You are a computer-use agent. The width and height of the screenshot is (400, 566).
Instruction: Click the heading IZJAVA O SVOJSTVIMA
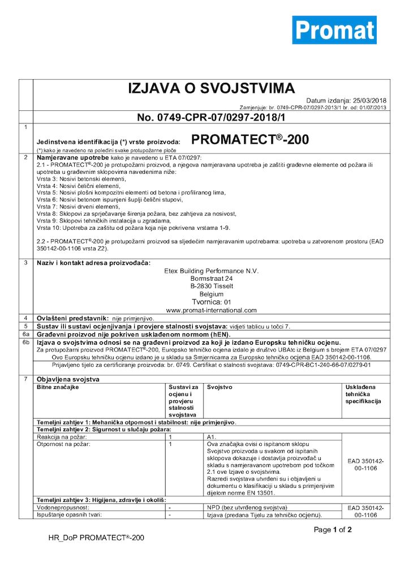pyautogui.click(x=211, y=88)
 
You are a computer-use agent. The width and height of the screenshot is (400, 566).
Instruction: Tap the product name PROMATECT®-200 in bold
pyautogui.click(x=251, y=139)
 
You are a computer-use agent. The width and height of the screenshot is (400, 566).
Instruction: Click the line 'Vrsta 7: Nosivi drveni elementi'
pyautogui.click(x=75, y=208)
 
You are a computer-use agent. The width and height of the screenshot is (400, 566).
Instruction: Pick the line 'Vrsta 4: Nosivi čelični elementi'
pyautogui.click(x=79, y=186)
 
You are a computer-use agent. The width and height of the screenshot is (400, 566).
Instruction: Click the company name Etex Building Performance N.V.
pyautogui.click(x=211, y=271)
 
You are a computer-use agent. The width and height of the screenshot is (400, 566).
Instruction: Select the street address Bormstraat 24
pyautogui.click(x=211, y=279)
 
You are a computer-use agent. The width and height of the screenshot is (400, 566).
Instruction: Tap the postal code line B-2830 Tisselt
pyautogui.click(x=211, y=286)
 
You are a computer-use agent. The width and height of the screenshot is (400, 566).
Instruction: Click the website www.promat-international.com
pyautogui.click(x=211, y=310)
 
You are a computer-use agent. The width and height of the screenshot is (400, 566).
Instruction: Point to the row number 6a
pyautogui.click(x=25, y=334)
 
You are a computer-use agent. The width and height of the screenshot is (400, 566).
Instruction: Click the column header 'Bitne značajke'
pyautogui.click(x=58, y=387)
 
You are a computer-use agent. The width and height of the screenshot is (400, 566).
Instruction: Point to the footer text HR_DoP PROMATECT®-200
pyautogui.click(x=96, y=538)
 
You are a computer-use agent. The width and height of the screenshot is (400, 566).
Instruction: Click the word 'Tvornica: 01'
pyautogui.click(x=211, y=302)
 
